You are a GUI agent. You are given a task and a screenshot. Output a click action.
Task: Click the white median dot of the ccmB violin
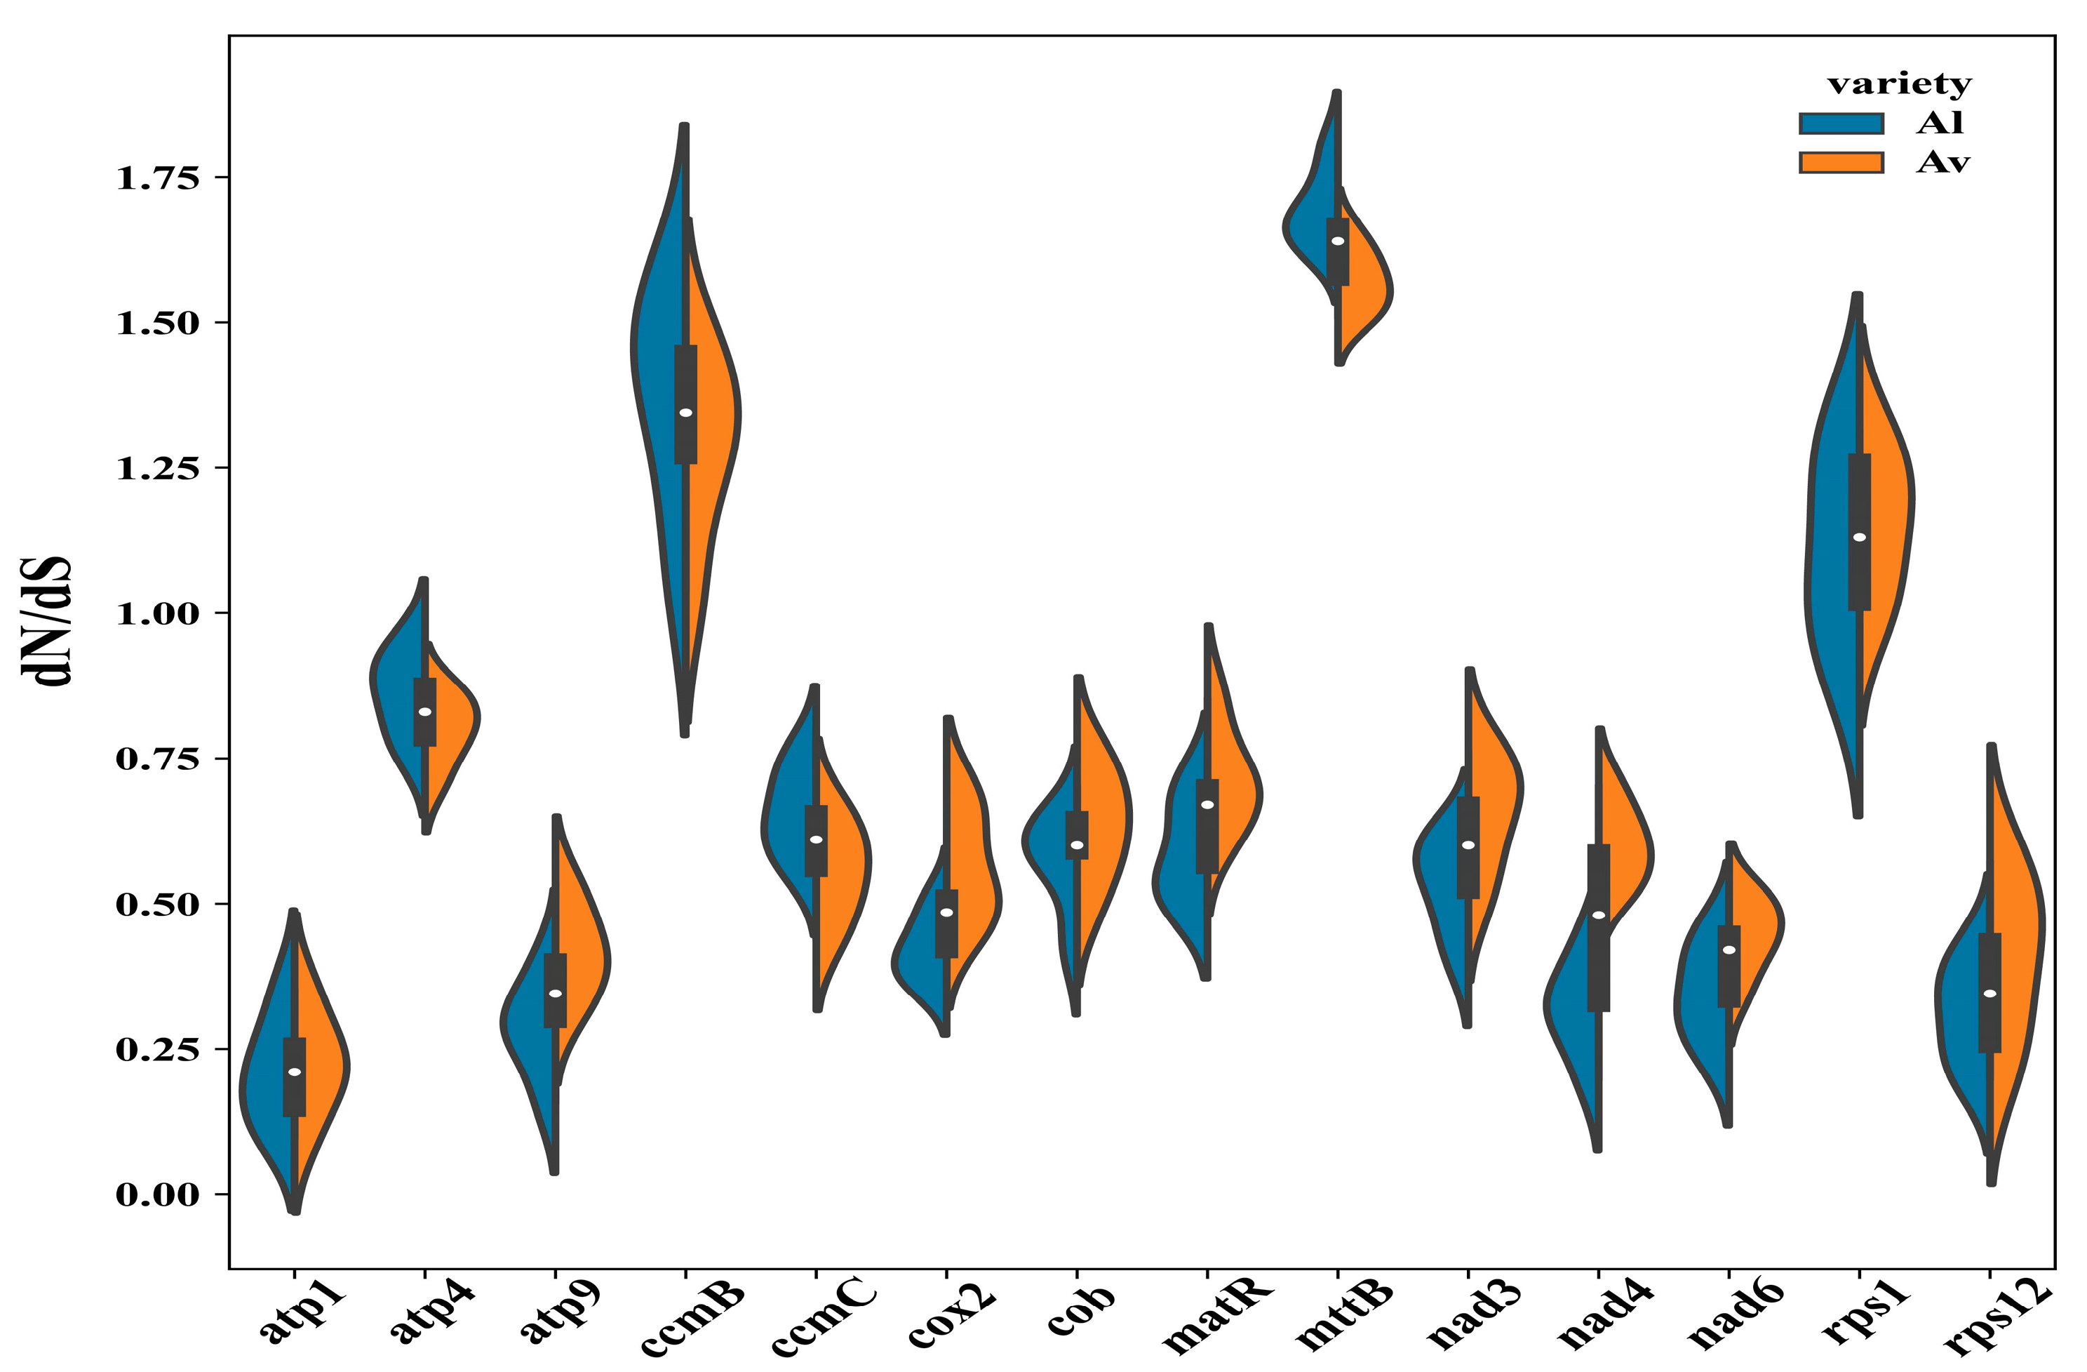point(686,413)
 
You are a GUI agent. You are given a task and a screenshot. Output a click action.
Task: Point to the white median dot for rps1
point(1859,537)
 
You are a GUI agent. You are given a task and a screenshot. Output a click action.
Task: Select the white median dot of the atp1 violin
point(295,1071)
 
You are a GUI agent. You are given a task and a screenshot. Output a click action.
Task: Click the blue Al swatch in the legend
point(1841,124)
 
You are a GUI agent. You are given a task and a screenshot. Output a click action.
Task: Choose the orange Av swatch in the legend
point(1841,162)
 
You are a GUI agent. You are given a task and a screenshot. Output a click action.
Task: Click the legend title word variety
point(1900,84)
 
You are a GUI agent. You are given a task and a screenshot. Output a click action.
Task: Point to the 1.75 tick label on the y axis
point(158,178)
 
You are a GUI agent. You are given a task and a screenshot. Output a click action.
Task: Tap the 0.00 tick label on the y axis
point(158,1194)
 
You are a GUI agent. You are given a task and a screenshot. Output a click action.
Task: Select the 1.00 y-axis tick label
point(158,613)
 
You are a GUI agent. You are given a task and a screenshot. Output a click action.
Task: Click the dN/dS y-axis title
point(46,620)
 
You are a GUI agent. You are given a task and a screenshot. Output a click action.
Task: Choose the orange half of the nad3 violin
point(1495,790)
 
